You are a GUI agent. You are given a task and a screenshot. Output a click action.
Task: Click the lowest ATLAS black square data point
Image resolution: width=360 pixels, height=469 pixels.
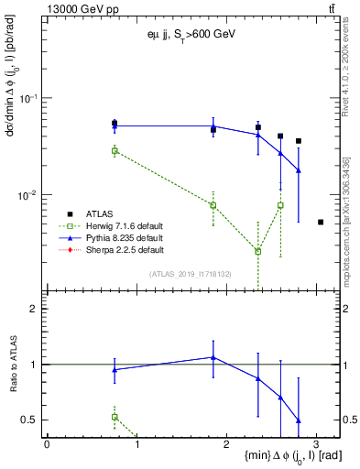(320, 222)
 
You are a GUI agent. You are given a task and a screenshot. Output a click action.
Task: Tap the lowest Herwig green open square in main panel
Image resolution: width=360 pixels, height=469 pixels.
(258, 251)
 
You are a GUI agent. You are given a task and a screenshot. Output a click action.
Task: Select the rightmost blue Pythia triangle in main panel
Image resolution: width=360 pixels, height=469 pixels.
(299, 170)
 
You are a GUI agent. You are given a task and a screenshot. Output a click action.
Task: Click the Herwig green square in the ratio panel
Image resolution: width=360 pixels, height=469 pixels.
(115, 417)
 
